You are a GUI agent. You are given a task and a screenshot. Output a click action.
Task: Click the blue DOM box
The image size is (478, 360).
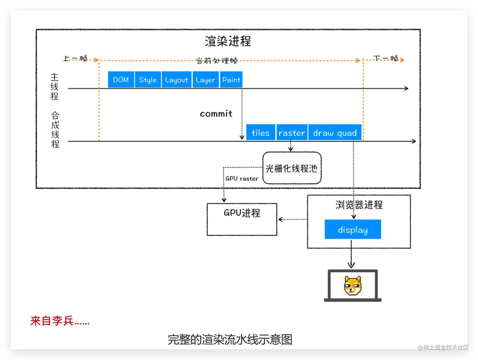click(x=121, y=80)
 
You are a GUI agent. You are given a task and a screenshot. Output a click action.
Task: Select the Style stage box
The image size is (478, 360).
click(x=148, y=80)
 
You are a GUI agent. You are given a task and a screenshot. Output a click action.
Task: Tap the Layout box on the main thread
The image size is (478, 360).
click(x=176, y=80)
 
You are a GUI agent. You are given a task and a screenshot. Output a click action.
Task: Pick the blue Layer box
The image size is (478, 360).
click(x=205, y=80)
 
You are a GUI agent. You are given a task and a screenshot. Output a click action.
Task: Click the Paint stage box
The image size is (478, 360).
click(x=231, y=80)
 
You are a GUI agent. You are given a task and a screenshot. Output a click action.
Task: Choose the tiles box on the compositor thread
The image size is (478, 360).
click(x=260, y=133)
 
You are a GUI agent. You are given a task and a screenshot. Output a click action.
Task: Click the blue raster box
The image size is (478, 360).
click(x=291, y=133)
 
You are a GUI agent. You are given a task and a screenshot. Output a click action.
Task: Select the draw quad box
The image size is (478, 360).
click(x=335, y=133)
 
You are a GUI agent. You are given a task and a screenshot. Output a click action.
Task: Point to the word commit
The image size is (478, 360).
click(x=216, y=114)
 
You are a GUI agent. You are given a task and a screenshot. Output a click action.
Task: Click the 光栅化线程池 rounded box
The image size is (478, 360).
click(x=291, y=168)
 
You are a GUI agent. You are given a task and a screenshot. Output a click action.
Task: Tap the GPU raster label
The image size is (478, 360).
click(x=242, y=179)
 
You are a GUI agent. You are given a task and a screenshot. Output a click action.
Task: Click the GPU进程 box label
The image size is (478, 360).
click(x=242, y=213)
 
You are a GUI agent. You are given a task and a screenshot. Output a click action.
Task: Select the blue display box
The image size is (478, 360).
click(x=352, y=229)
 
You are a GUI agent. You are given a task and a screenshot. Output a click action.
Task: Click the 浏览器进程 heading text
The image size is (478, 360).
click(x=359, y=205)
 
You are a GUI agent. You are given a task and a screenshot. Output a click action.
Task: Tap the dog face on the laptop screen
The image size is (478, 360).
click(x=352, y=285)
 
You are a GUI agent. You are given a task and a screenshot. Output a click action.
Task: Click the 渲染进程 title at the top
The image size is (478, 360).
click(x=228, y=41)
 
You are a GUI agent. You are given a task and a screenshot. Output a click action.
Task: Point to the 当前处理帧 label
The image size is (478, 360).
click(x=217, y=60)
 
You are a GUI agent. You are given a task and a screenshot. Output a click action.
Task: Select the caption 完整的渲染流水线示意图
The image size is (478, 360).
click(x=230, y=339)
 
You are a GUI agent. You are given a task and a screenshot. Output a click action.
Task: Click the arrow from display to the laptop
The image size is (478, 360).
click(x=351, y=254)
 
